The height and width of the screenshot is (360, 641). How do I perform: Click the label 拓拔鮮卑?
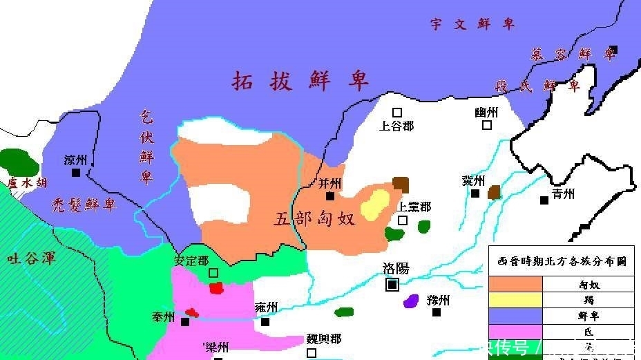(x=300, y=81)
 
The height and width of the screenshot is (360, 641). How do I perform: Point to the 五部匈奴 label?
(x=314, y=219)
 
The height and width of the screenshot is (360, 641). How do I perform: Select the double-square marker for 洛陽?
(x=392, y=284)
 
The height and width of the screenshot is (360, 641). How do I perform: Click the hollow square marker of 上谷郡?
(x=397, y=112)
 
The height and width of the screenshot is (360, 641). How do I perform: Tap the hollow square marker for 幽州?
(x=487, y=125)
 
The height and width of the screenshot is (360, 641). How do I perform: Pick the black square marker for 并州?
(x=330, y=196)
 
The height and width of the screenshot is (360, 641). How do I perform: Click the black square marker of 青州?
(x=544, y=200)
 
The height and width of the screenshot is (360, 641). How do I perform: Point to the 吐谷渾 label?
(x=31, y=259)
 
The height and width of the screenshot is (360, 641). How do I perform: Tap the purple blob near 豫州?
(x=411, y=301)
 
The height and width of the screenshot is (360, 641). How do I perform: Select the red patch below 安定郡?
(x=216, y=287)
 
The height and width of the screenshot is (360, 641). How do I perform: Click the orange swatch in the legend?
(x=516, y=284)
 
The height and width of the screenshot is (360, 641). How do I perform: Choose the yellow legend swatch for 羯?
(x=516, y=300)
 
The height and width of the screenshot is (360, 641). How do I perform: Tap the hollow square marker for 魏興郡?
(x=312, y=352)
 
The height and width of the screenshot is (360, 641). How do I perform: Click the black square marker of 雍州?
(x=265, y=321)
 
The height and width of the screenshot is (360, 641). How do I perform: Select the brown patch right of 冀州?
(x=494, y=192)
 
